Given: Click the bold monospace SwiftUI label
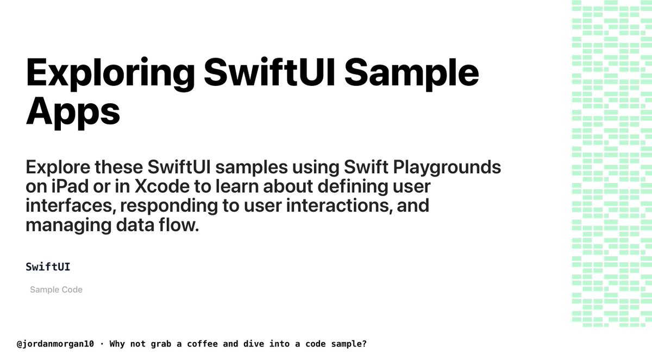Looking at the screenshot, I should pyautogui.click(x=48, y=267).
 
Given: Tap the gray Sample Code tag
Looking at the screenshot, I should pyautogui.click(x=56, y=290).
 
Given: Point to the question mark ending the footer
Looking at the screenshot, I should pyautogui.click(x=365, y=344).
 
